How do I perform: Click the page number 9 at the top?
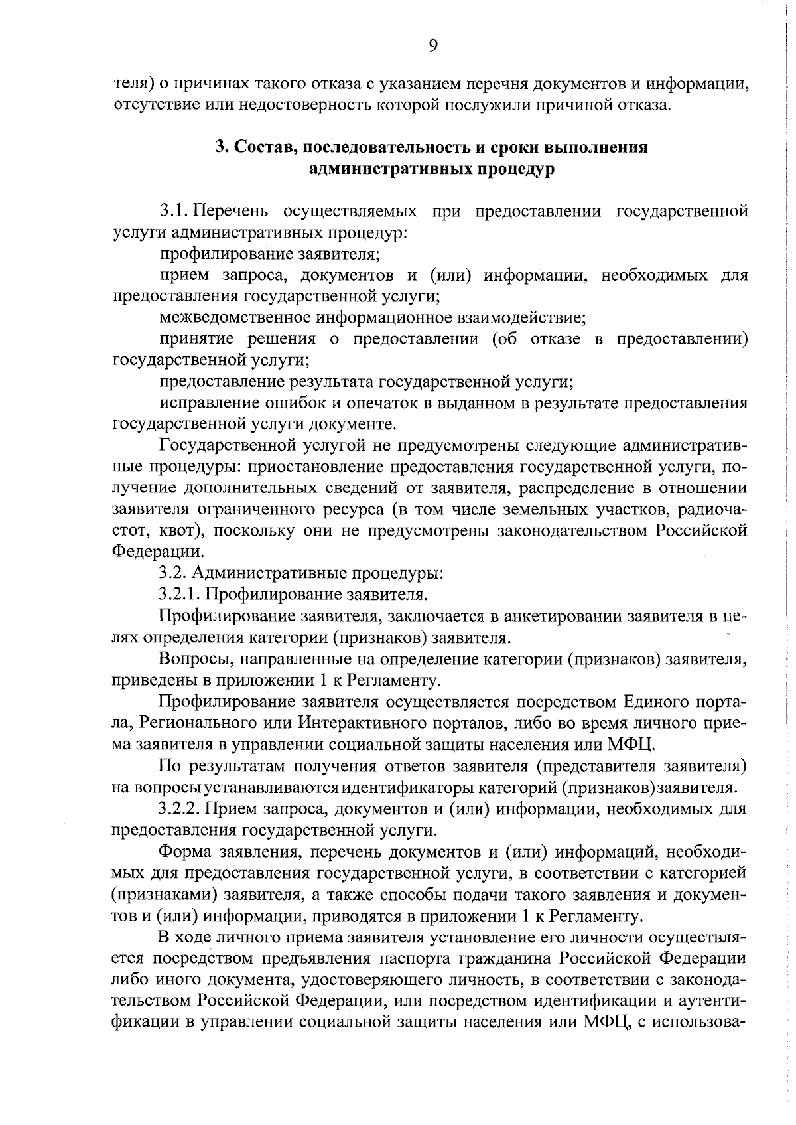tap(432, 45)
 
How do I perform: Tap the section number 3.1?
tap(174, 212)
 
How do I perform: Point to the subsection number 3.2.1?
tap(182, 594)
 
